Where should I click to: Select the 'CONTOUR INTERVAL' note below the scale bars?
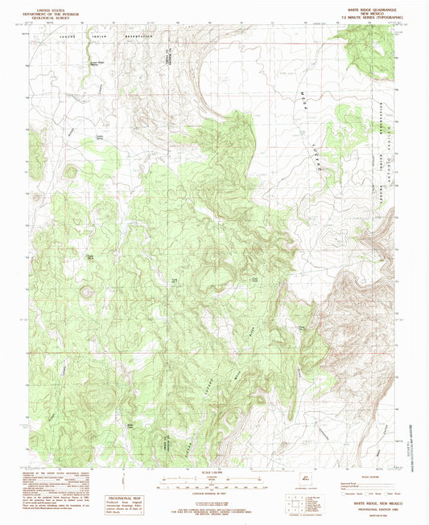(214, 491)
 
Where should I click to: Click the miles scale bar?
(214, 477)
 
